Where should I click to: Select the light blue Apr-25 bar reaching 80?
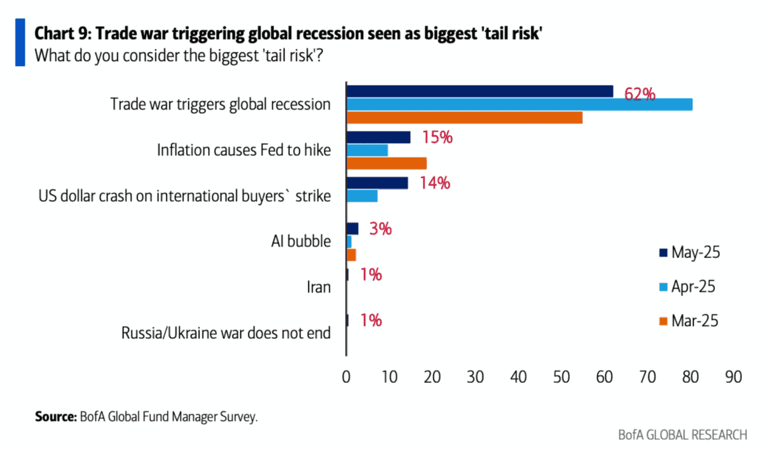(519, 105)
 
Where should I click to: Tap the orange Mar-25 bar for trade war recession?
(464, 118)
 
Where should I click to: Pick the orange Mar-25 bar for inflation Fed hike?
(386, 163)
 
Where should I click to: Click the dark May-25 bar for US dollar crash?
(377, 183)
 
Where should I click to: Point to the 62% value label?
(639, 95)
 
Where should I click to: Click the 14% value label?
(435, 183)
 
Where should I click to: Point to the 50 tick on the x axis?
(561, 376)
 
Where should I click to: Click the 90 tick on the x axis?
(733, 376)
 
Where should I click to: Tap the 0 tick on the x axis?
(346, 376)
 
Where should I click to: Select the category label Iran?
(318, 287)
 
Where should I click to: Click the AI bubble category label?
(300, 242)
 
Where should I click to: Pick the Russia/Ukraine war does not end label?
(226, 332)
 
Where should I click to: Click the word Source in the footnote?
(55, 418)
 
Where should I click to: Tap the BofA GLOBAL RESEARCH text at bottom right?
(682, 435)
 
